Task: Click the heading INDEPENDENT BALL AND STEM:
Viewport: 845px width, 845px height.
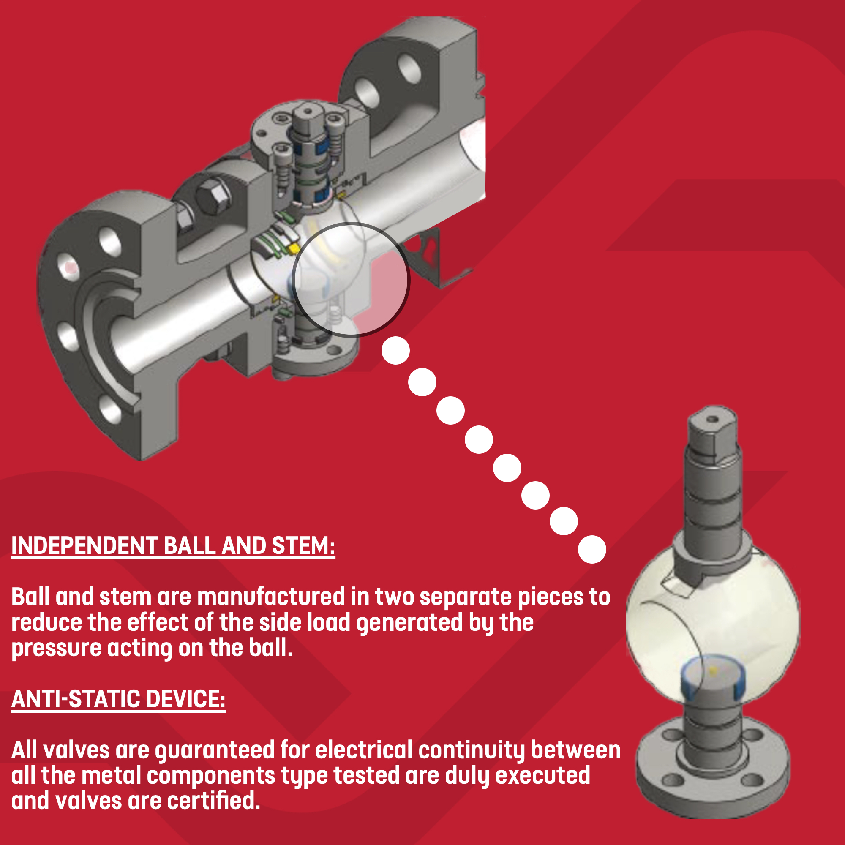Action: coord(173,546)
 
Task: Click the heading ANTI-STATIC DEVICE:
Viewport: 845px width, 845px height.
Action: coord(119,699)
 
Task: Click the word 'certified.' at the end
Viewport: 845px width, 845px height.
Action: coord(213,801)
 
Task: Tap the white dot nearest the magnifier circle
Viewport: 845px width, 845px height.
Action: coord(395,350)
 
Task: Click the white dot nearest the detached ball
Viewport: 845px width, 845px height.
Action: coord(592,549)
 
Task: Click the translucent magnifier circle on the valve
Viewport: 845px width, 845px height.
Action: coord(351,280)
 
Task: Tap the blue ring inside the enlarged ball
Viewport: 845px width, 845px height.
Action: coord(712,676)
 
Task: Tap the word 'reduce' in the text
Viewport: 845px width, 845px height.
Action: coord(46,623)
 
